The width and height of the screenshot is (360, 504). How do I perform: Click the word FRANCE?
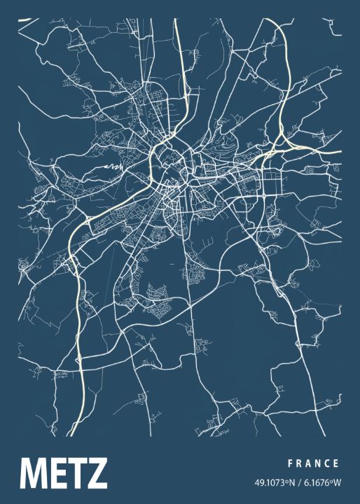pos(313,463)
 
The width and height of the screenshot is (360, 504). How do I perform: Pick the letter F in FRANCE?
pos(289,463)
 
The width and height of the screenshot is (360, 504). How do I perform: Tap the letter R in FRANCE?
pos(298,463)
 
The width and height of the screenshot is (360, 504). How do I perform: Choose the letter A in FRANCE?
pos(308,463)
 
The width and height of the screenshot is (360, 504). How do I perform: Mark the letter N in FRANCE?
pos(318,463)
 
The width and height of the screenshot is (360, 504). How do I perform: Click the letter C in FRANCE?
pos(328,463)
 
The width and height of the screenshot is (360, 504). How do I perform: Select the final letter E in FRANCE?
pos(337,463)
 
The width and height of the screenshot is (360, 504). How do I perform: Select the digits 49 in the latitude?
pos(259,482)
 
